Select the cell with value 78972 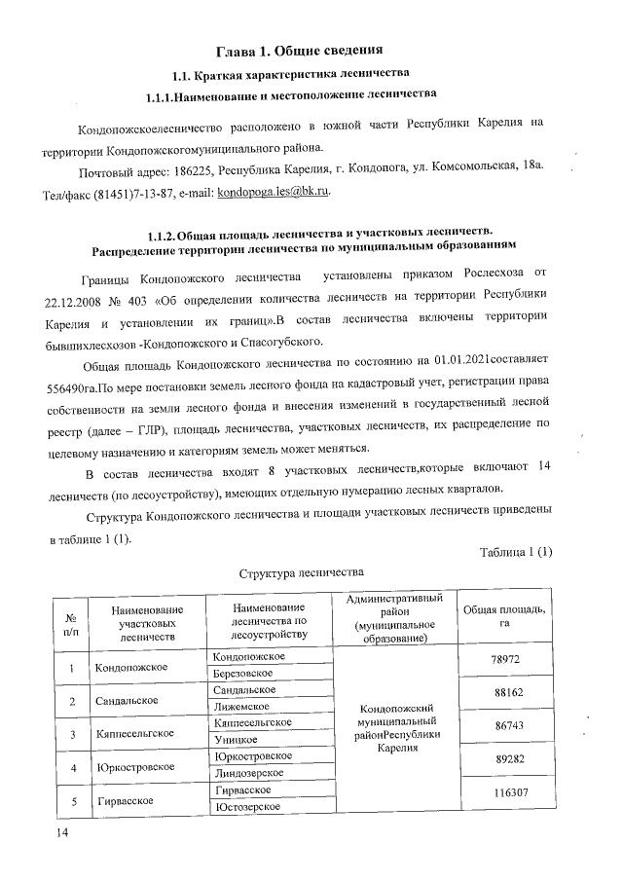point(504,660)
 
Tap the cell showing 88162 point(504,694)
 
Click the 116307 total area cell point(504,792)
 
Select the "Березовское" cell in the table point(242,673)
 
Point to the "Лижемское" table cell point(239,706)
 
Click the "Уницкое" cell point(235,740)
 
